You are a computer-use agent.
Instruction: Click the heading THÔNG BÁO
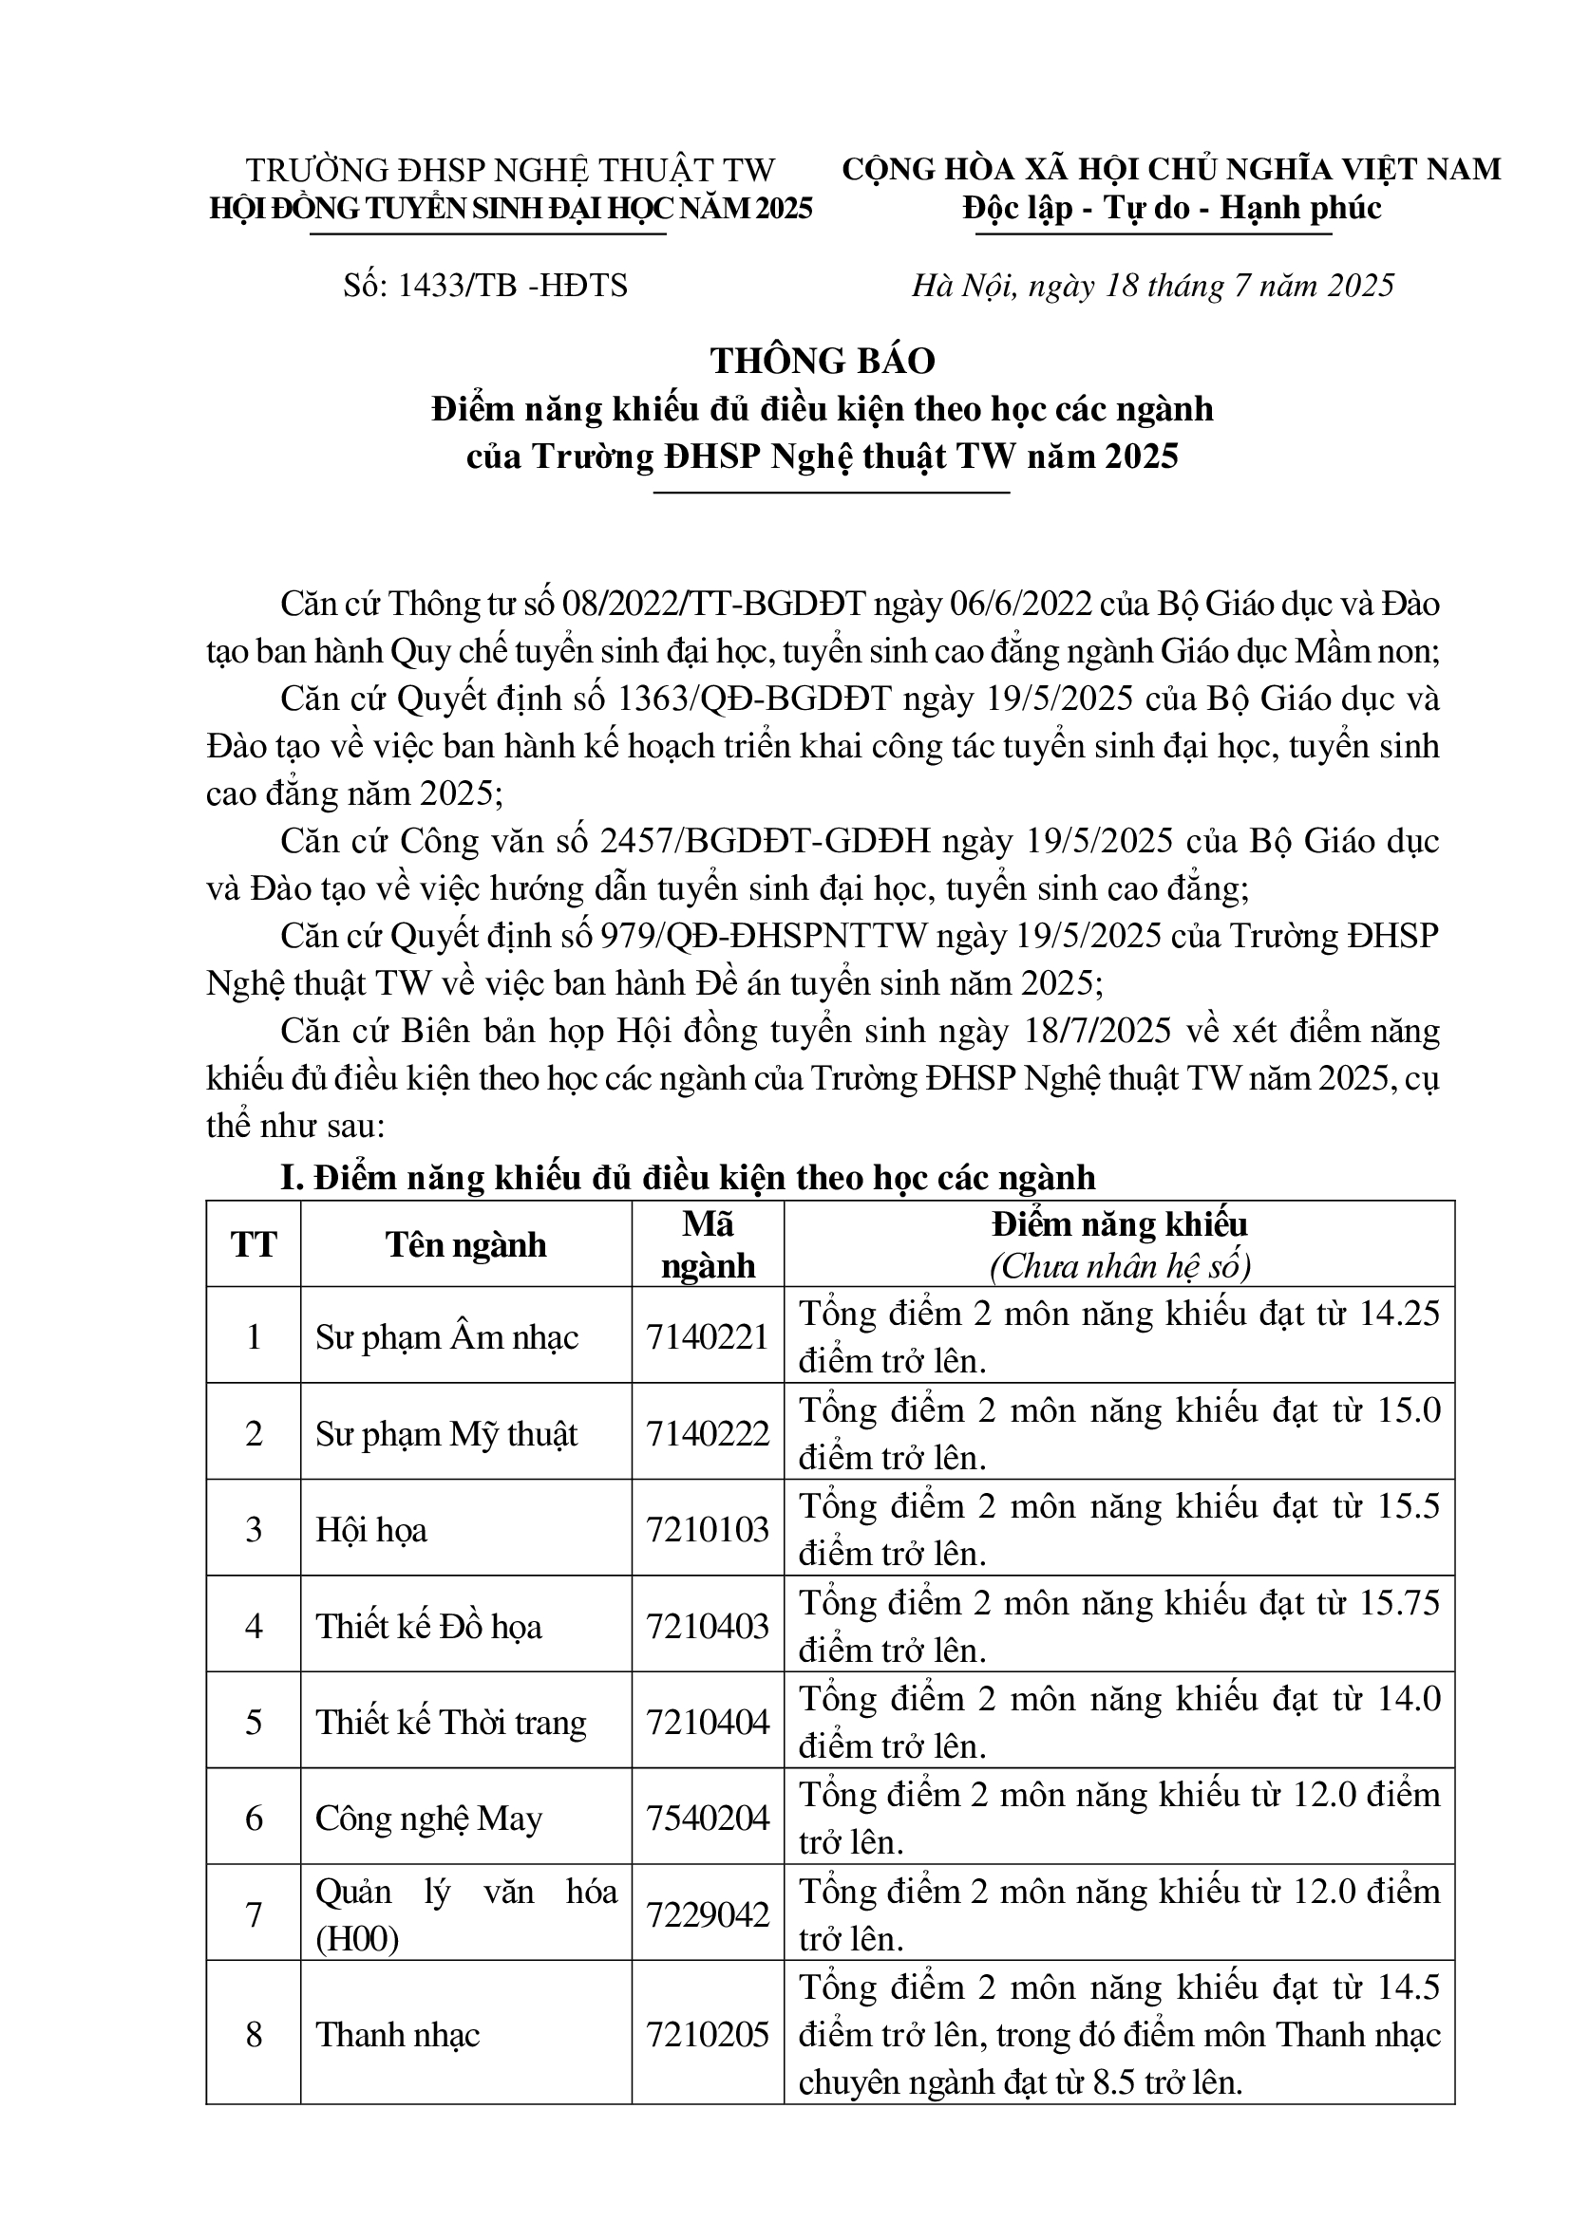tap(823, 361)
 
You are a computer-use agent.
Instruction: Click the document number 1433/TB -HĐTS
tap(485, 287)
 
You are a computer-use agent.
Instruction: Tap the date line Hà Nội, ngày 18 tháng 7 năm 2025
tap(1153, 287)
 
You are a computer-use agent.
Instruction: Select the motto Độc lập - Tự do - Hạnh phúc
tap(1171, 209)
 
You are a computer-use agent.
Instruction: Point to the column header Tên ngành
tap(465, 1244)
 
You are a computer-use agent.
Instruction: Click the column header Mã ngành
tap(708, 1244)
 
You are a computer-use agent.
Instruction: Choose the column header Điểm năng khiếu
tap(1119, 1225)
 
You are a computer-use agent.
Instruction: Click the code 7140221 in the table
tap(708, 1337)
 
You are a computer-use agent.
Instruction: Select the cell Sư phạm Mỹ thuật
tap(446, 1434)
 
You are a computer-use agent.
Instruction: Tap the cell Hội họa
tap(371, 1530)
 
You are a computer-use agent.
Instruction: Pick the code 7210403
tap(708, 1627)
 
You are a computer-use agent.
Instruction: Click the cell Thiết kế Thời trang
tap(451, 1723)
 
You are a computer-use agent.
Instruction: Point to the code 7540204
tap(708, 1819)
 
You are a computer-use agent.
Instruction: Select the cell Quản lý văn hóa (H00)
tap(465, 1915)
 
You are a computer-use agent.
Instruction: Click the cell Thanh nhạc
tap(398, 2035)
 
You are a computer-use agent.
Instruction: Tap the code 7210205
tap(708, 2035)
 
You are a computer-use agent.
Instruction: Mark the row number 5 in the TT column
tap(254, 1723)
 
